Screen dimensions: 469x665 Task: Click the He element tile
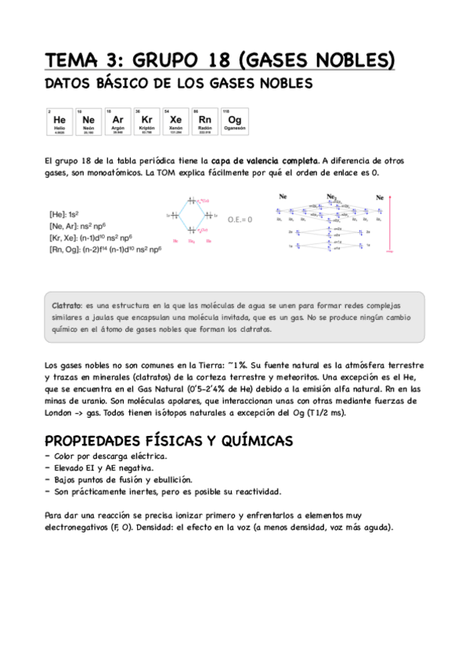pos(59,122)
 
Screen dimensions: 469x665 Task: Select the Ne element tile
pos(88,122)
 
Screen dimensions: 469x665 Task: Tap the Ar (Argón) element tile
pos(117,122)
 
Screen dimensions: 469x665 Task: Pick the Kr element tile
pos(146,122)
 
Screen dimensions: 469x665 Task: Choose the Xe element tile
pos(175,122)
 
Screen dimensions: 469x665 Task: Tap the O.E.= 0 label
pos(240,220)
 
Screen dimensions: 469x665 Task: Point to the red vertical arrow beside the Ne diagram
pos(389,227)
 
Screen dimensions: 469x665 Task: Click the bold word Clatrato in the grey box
pos(67,304)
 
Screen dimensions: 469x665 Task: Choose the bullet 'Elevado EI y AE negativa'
pos(103,467)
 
